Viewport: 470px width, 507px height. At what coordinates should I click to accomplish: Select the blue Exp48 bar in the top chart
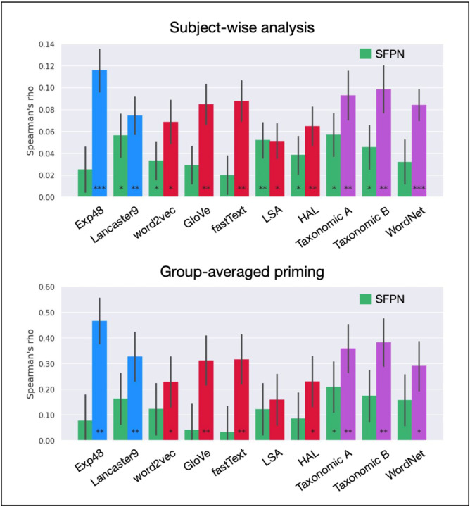99,134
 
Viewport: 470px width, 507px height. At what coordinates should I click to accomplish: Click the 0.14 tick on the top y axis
44,44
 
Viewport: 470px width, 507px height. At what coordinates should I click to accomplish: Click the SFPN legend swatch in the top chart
366,54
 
